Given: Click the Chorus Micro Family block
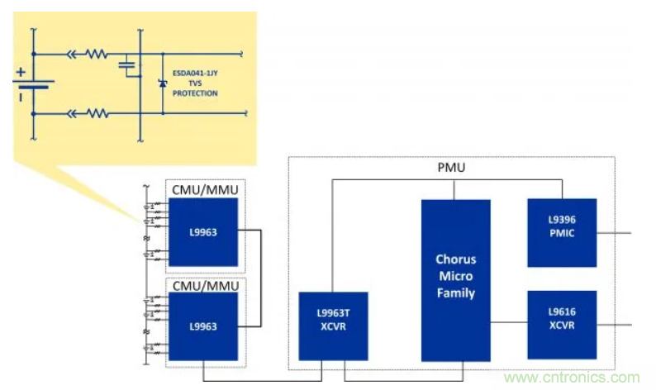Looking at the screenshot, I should (x=455, y=280).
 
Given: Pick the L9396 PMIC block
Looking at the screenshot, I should (x=561, y=232).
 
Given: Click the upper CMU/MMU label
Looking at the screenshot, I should (x=204, y=190).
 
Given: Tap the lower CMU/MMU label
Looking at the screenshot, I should (x=204, y=286).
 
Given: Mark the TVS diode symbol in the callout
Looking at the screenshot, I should (x=162, y=83).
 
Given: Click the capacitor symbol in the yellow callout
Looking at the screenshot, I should (x=126, y=63).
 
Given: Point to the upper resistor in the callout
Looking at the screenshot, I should (x=97, y=55).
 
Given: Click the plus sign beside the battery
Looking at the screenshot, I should (x=21, y=71).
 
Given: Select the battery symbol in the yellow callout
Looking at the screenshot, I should (x=34, y=84).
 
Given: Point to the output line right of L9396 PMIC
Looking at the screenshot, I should (x=615, y=232).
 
